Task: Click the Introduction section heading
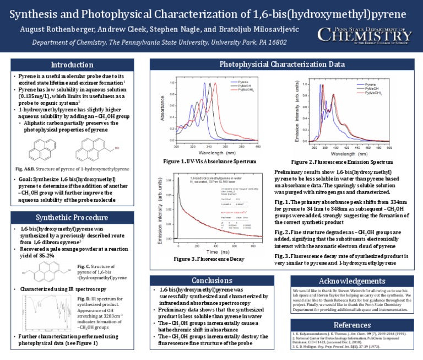77,65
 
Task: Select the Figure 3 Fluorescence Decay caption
208,259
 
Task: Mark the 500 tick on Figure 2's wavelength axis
389,148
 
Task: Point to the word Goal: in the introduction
28,179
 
